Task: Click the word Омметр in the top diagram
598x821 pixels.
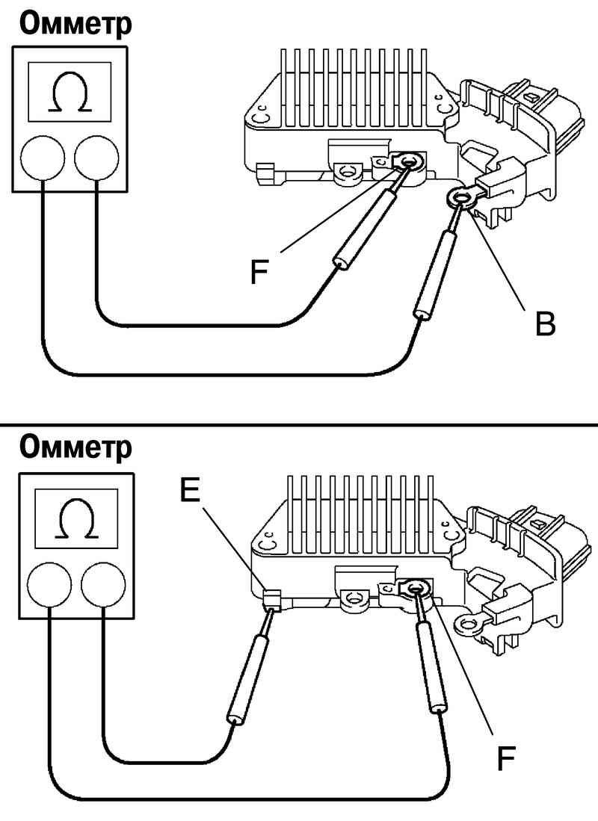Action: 75,23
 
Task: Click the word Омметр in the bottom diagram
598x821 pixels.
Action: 75,447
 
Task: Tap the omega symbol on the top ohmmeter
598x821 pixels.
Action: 70,93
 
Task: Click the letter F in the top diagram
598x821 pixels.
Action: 259,273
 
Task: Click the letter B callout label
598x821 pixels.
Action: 545,324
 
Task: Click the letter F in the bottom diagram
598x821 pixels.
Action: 506,759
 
